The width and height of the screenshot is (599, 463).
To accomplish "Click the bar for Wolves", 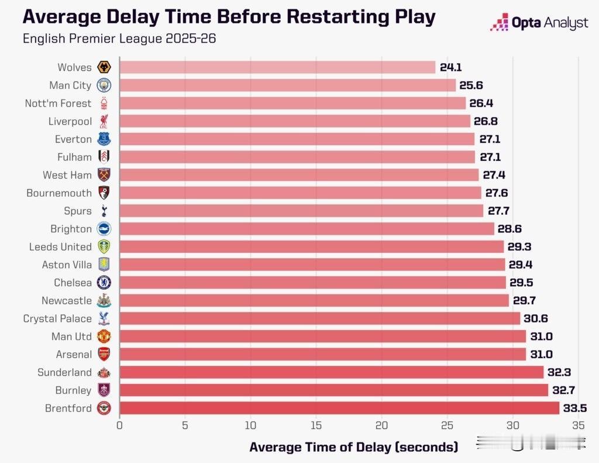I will point(277,67).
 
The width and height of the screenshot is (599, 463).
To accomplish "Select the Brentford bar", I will point(339,408).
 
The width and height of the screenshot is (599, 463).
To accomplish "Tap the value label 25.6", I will point(471,85).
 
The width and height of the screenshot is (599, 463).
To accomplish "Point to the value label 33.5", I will point(575,408).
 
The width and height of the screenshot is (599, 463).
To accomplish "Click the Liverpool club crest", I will point(104,121).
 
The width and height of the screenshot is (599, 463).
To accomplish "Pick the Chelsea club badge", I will point(104,283).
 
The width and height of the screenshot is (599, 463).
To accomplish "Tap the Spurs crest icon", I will point(104,211).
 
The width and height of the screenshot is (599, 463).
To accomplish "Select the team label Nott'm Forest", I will point(58,104).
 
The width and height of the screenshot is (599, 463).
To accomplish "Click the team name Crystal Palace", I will point(57,318).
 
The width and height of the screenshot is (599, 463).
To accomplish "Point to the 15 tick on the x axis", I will point(316,426).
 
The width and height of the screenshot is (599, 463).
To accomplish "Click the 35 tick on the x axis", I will point(579,426).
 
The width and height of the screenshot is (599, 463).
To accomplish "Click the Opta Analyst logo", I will point(539,23).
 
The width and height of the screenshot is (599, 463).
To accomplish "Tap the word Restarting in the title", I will point(331,17).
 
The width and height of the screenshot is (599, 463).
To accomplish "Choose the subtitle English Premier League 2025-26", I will point(119,39).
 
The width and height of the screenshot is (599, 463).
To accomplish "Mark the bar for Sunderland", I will point(331,372).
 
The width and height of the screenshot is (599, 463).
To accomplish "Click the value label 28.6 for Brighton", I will point(510,229).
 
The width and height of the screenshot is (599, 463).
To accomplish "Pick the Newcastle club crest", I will point(104,301).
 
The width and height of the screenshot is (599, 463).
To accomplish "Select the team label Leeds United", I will point(60,247).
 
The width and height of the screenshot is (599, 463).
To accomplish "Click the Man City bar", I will point(287,85).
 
